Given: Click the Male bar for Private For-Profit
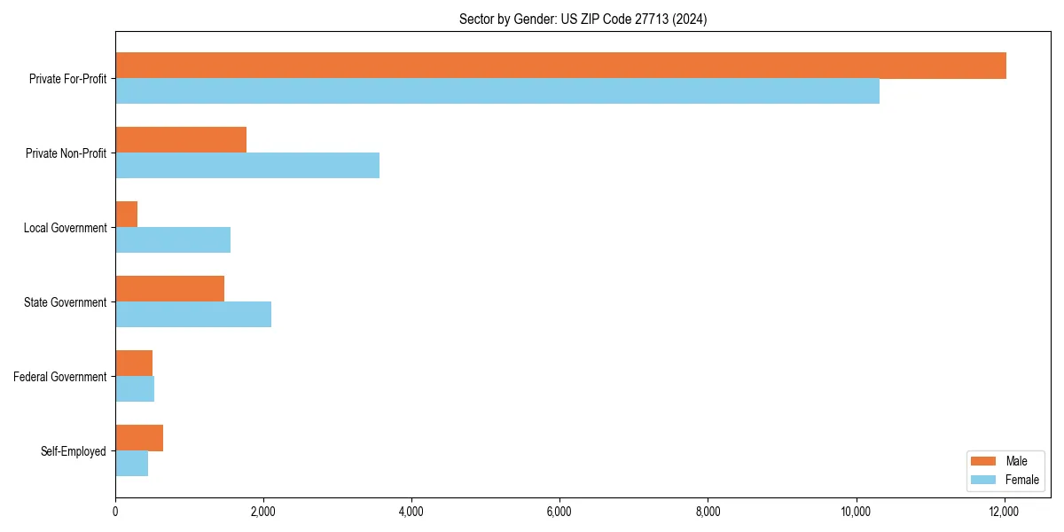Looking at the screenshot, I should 560,66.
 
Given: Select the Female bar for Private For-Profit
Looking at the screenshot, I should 497,91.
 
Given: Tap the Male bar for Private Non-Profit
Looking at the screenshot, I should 181,140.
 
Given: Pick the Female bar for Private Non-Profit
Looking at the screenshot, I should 247,166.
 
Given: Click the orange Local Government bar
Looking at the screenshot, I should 127,215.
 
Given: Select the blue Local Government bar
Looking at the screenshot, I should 173,240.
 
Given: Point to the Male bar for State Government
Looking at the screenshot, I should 169,289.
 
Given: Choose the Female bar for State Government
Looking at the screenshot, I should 193,315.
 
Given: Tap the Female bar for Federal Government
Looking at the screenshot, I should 135,389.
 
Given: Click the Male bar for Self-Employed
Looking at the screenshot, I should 139,438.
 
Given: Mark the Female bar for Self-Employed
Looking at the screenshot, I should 131,464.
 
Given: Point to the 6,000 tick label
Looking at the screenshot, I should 559,512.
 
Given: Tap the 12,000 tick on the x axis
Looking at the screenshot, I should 1004,512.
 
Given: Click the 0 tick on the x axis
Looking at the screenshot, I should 115,512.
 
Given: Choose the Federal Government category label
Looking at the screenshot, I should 60,377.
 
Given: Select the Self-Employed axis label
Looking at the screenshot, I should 74,451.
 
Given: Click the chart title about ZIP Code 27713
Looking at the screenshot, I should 583,19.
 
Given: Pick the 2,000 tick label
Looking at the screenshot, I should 263,512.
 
